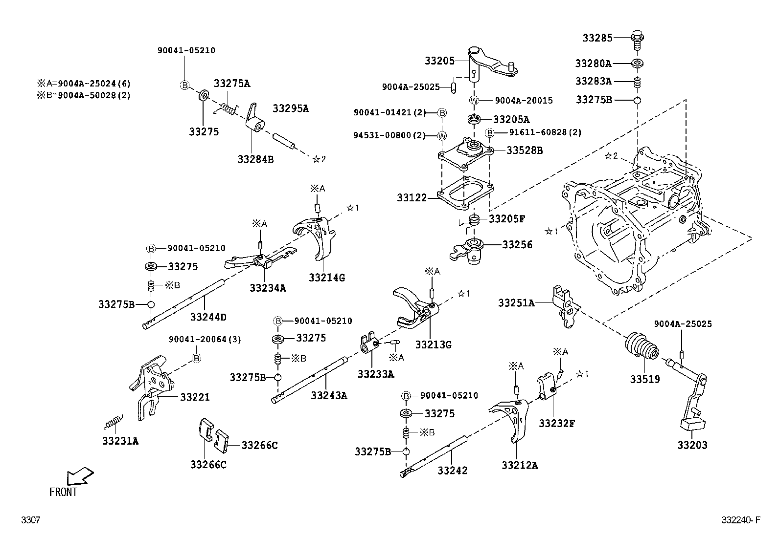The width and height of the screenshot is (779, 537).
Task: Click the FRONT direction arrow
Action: tap(80, 475)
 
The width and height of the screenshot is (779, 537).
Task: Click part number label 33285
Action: tap(597, 37)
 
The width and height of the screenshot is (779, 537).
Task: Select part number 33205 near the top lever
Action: tap(439, 61)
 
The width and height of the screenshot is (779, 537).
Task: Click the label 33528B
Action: tap(525, 150)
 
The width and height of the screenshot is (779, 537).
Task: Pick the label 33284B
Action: tap(255, 159)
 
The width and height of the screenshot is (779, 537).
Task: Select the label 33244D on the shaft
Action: tap(208, 317)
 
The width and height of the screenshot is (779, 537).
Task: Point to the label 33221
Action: tap(195, 397)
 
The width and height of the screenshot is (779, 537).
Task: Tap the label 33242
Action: tap(452, 470)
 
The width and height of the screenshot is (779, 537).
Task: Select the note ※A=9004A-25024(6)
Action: tap(84, 84)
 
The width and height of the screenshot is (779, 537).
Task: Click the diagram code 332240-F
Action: tap(741, 520)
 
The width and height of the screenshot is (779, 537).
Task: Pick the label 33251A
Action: tap(516, 303)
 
